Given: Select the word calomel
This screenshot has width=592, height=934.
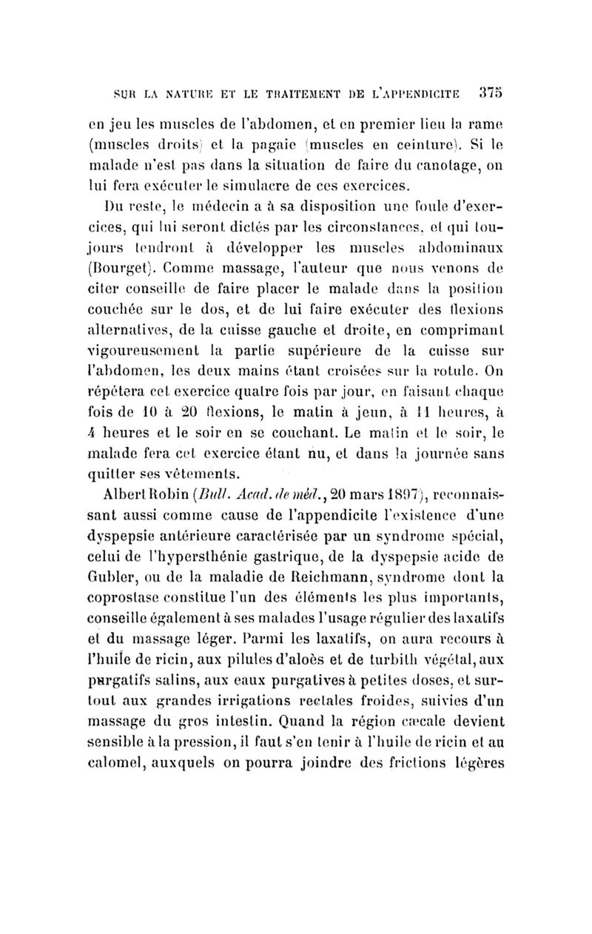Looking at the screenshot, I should (131, 762).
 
